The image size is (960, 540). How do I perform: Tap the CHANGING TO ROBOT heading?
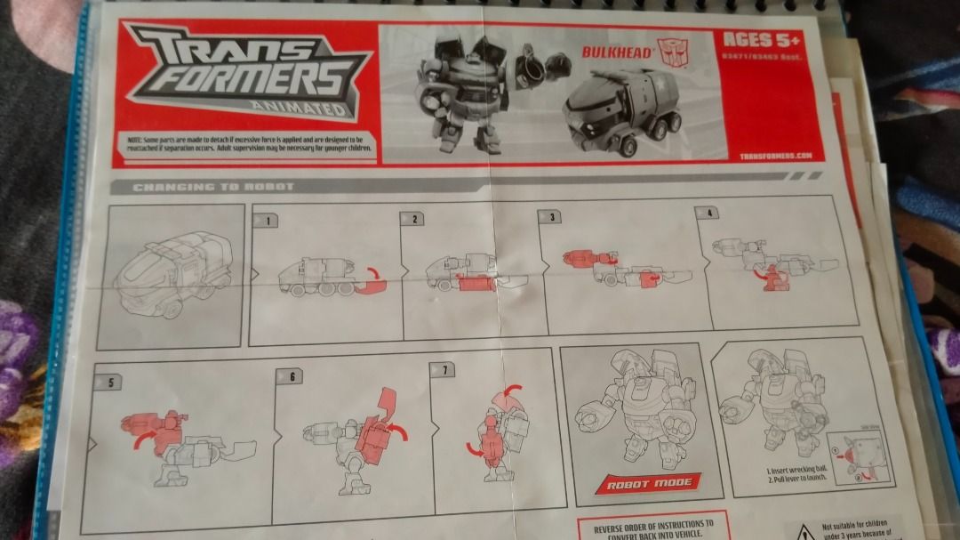(212, 187)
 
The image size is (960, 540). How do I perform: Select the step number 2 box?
(415, 218)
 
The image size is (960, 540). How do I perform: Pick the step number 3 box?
(553, 216)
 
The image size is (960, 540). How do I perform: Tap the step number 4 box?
(708, 214)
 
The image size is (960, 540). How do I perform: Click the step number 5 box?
(109, 383)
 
